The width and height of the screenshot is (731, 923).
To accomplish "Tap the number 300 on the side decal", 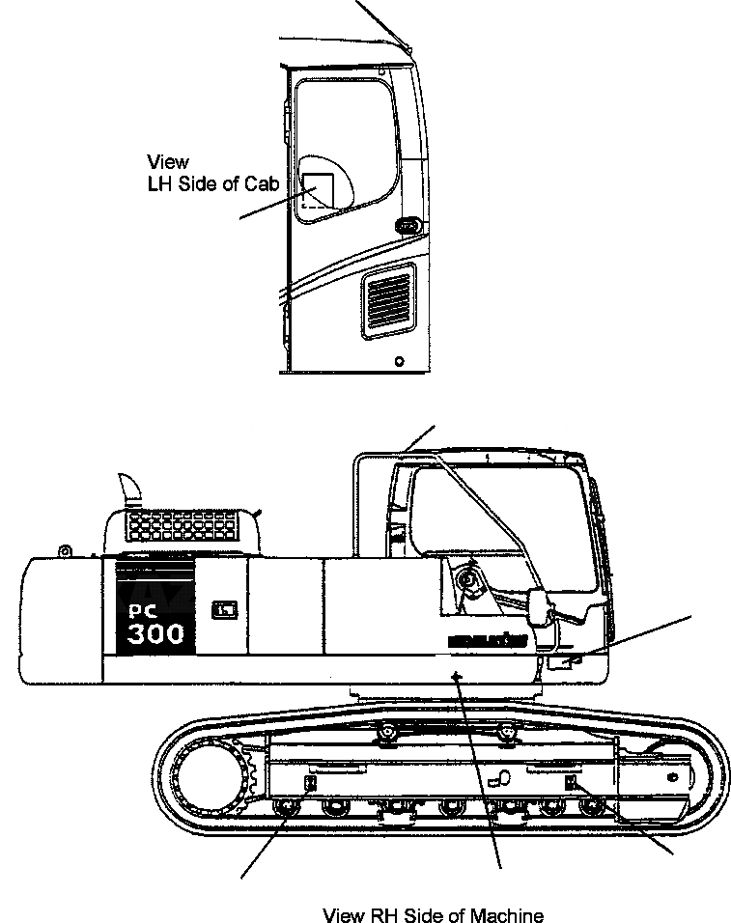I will point(155,634).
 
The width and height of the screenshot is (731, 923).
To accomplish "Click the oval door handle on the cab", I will point(409,226).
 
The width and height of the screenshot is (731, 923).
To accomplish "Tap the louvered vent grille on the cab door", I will point(388,304).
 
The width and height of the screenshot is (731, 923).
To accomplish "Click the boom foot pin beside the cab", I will point(470,580).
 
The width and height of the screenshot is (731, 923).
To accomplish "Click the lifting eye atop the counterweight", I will point(65,552).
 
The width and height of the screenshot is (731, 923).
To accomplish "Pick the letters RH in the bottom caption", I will point(376,915).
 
